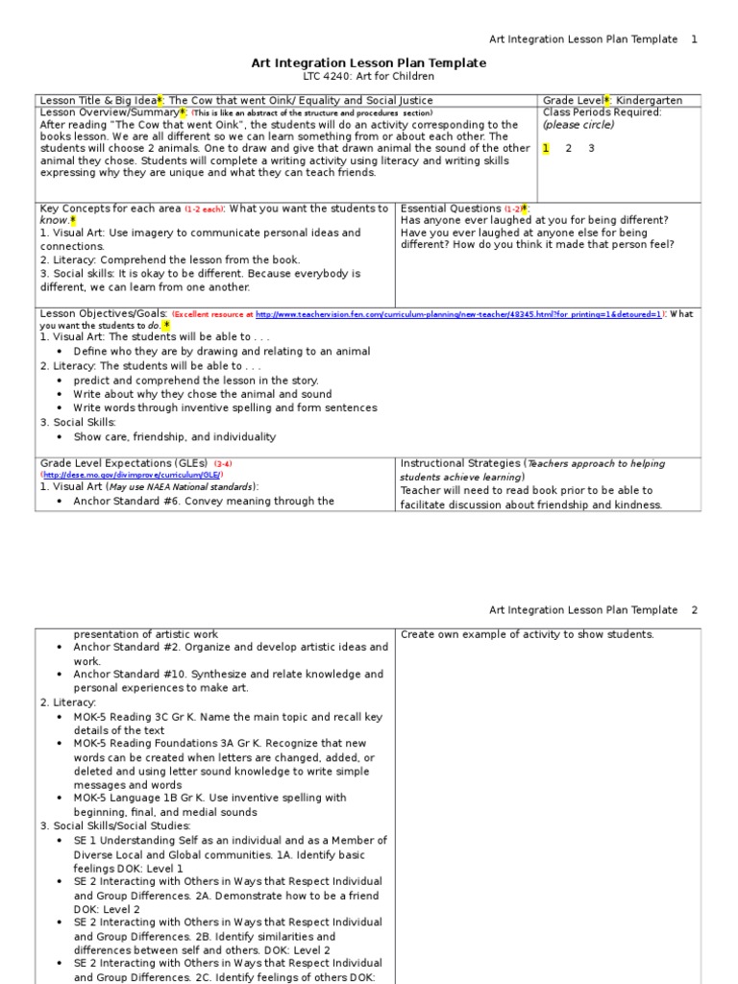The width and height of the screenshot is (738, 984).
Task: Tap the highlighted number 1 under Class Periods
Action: [x=546, y=148]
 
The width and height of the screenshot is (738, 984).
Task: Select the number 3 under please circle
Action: [x=592, y=148]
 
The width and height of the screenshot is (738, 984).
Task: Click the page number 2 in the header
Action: [x=695, y=610]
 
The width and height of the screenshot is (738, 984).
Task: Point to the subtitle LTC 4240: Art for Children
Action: [x=369, y=77]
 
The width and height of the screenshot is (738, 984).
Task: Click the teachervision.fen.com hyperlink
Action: [x=459, y=314]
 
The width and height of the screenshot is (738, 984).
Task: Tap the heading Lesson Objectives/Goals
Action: [x=104, y=314]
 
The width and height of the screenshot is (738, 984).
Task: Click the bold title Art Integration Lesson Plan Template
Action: [x=369, y=62]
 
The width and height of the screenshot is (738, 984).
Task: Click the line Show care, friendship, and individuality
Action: [x=175, y=437]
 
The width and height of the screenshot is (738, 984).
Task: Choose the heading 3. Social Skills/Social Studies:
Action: [x=115, y=825]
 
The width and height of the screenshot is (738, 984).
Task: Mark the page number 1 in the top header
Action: [x=695, y=39]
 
